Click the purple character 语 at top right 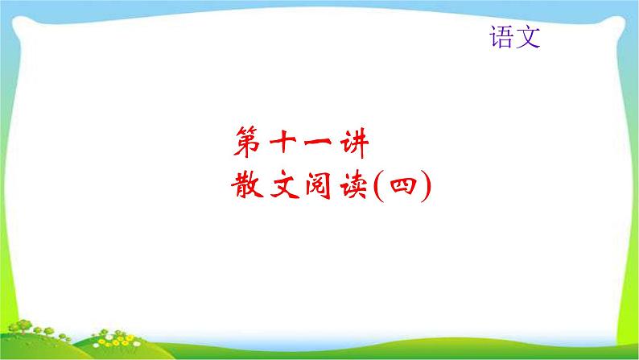501,37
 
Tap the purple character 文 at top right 527,37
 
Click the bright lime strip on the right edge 635,161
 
